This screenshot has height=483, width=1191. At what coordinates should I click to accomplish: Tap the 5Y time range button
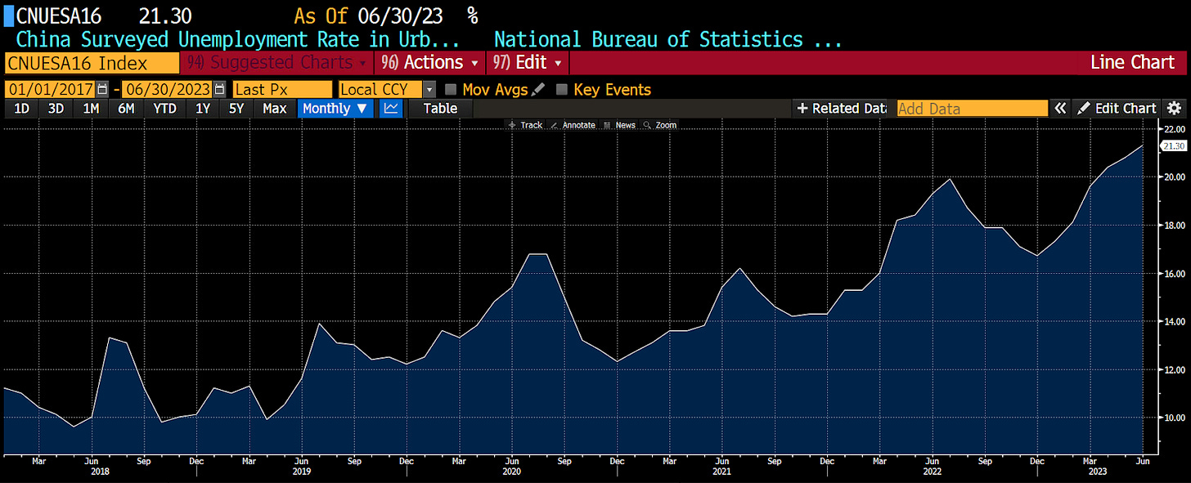click(236, 108)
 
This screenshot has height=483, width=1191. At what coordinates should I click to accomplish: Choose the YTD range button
click(164, 108)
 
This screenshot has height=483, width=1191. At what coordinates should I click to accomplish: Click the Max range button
click(274, 108)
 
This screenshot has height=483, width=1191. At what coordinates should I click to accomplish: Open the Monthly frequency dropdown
click(335, 108)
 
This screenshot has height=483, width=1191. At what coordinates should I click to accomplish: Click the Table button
click(440, 108)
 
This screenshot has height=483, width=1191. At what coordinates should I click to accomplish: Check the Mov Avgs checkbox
click(451, 90)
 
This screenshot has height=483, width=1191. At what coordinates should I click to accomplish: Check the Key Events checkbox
click(561, 90)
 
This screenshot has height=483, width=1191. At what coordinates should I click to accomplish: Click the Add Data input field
click(972, 109)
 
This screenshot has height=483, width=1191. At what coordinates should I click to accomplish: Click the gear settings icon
click(1174, 108)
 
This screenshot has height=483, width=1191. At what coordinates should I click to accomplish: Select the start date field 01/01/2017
click(50, 90)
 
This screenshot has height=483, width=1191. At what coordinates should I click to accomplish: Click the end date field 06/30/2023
click(167, 90)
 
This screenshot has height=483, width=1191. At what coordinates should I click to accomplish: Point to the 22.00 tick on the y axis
click(1174, 129)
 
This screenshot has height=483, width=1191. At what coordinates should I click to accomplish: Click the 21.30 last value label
click(1173, 145)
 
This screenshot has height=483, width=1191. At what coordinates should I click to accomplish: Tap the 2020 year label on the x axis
click(511, 472)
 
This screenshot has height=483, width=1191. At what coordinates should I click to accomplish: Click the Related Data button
click(840, 108)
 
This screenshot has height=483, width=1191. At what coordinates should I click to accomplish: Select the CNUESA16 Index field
click(91, 63)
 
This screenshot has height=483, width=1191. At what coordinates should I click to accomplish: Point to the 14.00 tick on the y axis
click(1174, 321)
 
